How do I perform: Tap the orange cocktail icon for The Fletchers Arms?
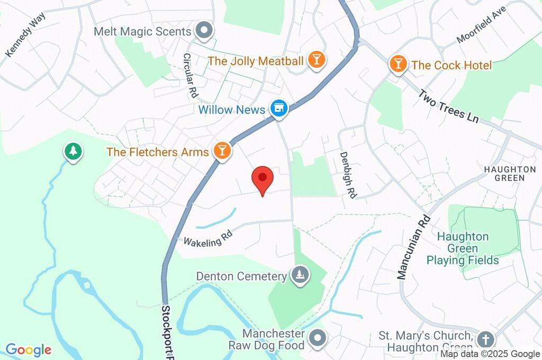point(222,151)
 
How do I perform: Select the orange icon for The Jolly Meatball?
point(317,60)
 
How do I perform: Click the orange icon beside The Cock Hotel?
point(398,65)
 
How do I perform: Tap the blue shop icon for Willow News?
point(278,109)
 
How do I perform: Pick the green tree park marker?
point(73,152)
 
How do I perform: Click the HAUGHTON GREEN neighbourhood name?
point(510,173)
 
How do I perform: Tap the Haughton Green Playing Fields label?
point(463,248)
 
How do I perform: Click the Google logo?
point(29,349)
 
